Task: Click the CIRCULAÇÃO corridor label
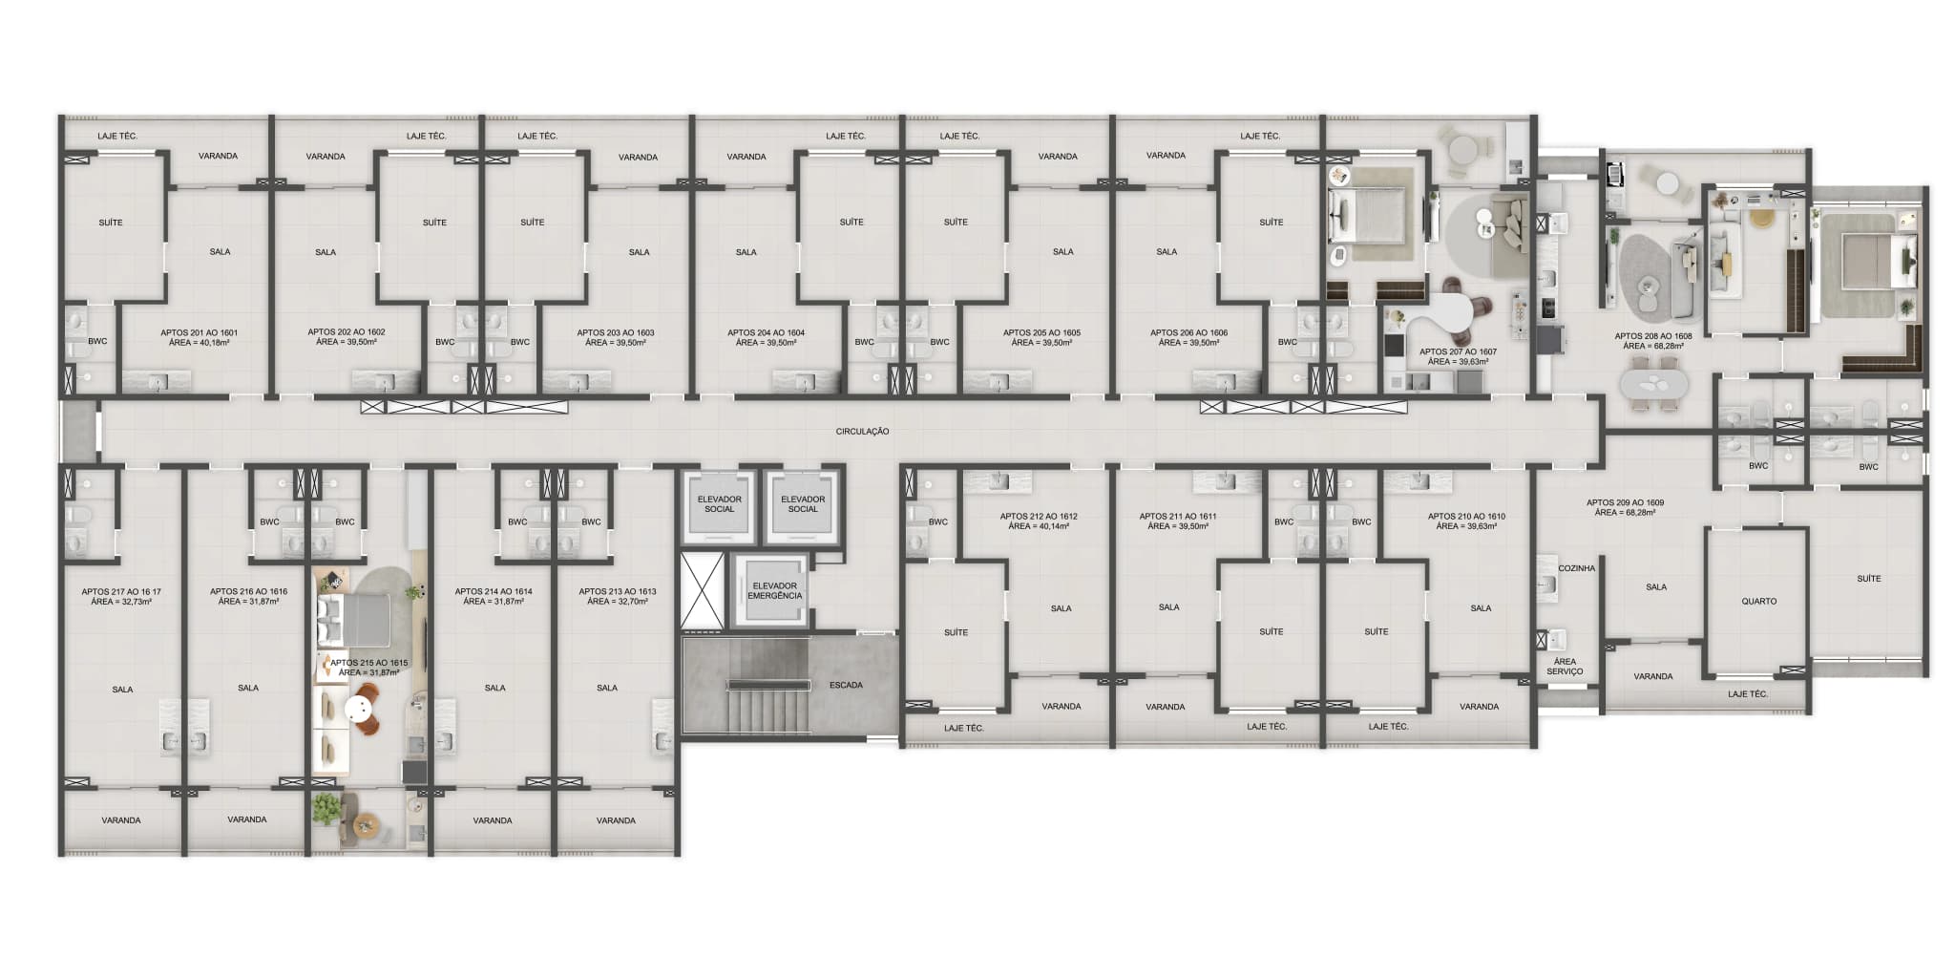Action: pos(862,432)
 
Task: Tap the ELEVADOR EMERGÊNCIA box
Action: pos(774,591)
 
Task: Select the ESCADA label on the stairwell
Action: pos(846,685)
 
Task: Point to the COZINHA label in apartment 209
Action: pos(1576,568)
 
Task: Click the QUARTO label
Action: pos(1758,602)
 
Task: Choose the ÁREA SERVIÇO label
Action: pos(1565,667)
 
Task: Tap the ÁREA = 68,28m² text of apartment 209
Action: pos(1625,513)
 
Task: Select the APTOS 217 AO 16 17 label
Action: pos(121,592)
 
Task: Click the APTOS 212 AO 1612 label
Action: pos(1039,517)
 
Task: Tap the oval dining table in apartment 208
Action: pos(1653,384)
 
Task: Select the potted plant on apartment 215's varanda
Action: pos(326,808)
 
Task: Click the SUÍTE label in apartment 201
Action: pos(111,223)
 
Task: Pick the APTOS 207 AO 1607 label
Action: pos(1458,351)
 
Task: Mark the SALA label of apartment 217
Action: pos(122,690)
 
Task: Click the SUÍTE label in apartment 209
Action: pos(1869,579)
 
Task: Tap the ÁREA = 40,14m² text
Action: pos(1039,526)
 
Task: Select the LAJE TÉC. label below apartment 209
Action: pos(1748,694)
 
